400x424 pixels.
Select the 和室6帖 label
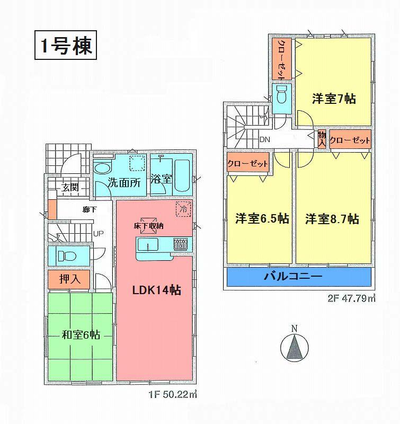click(80, 335)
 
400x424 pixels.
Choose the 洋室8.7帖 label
click(332, 218)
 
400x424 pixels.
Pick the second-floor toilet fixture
click(282, 95)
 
